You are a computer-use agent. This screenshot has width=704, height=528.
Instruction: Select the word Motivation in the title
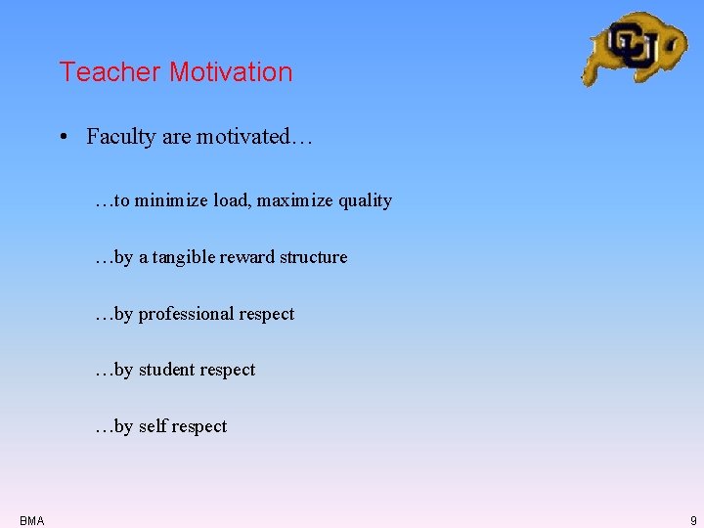(230, 72)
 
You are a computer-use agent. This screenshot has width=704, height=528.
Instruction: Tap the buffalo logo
(634, 47)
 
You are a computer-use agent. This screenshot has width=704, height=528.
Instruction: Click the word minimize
(171, 200)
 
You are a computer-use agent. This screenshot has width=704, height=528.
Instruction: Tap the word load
(232, 200)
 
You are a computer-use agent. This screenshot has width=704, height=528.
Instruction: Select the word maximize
(295, 200)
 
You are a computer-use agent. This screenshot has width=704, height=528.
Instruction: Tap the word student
(166, 370)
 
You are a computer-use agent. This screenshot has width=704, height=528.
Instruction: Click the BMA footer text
(31, 520)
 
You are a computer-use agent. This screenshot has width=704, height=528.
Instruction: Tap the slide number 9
(693, 520)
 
